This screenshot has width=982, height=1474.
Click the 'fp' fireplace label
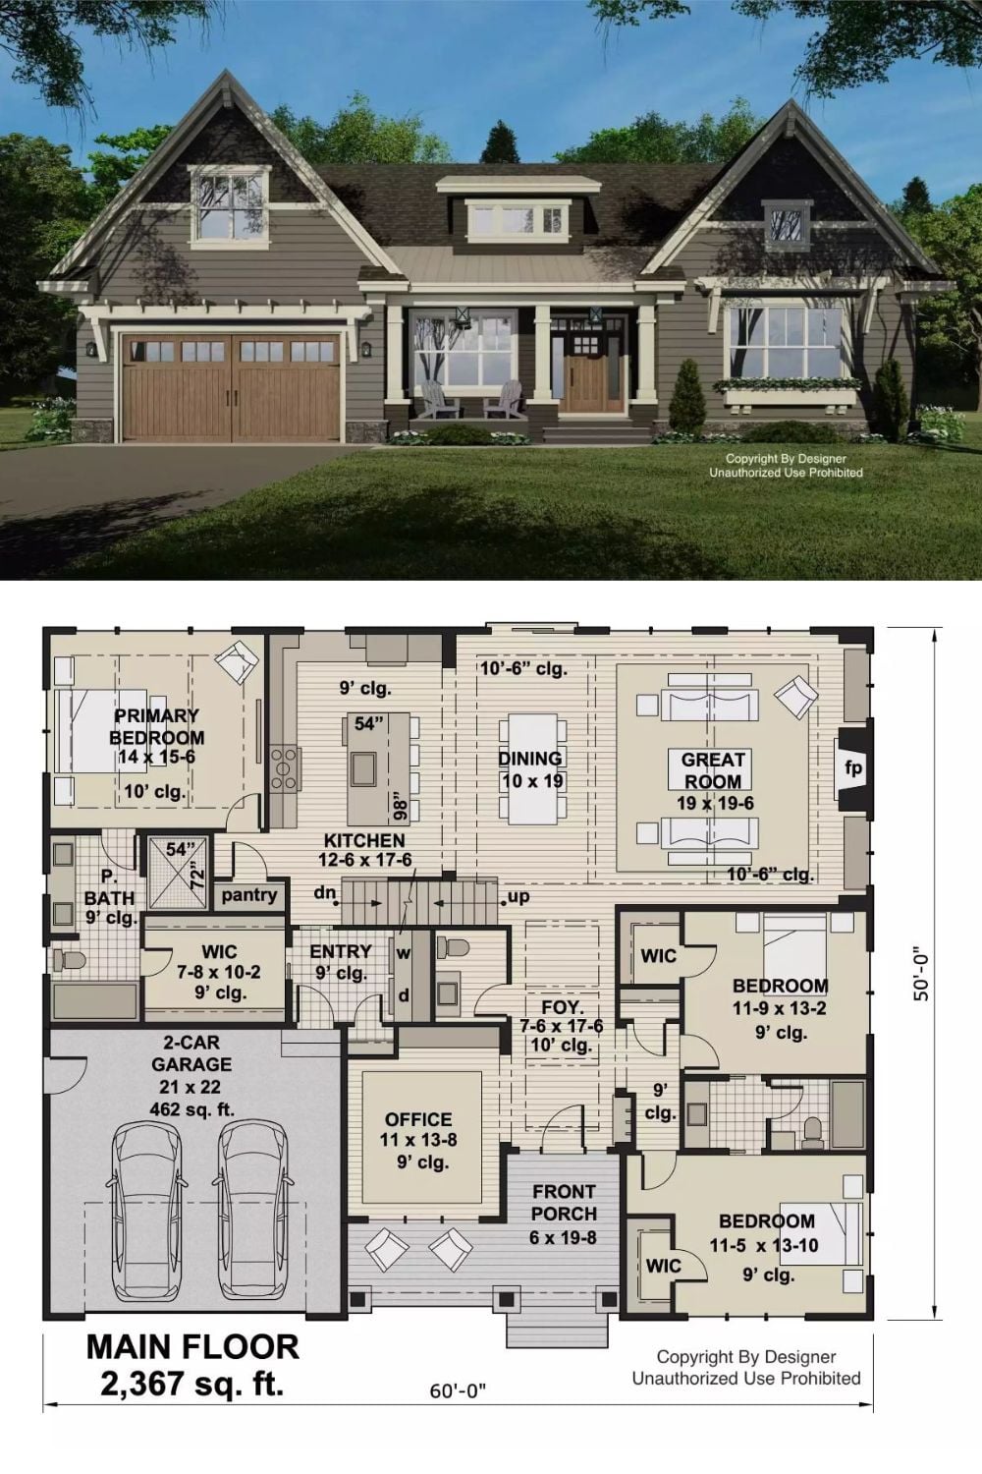[x=853, y=767]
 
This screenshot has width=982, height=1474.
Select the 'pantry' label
[x=249, y=895]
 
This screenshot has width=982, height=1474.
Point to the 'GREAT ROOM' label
[x=712, y=770]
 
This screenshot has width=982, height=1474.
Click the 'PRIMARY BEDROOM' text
[x=156, y=726]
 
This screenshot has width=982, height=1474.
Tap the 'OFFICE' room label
[x=418, y=1119]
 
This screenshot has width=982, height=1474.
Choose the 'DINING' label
[x=530, y=759]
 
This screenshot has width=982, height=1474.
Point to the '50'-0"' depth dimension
[x=922, y=974]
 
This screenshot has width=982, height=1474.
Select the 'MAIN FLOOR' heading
[x=192, y=1347]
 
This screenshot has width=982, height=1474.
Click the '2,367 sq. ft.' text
[x=192, y=1384]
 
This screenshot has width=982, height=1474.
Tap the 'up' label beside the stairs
[x=518, y=897]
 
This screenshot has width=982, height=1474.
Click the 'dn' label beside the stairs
[x=325, y=893]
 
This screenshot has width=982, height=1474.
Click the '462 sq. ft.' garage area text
[x=192, y=1109]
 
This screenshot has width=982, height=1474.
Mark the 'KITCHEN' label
[x=364, y=840]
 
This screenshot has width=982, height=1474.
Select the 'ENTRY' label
[x=341, y=951]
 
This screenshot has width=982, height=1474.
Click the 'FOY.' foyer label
[x=563, y=1007]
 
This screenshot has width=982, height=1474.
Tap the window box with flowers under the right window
[x=789, y=393]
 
